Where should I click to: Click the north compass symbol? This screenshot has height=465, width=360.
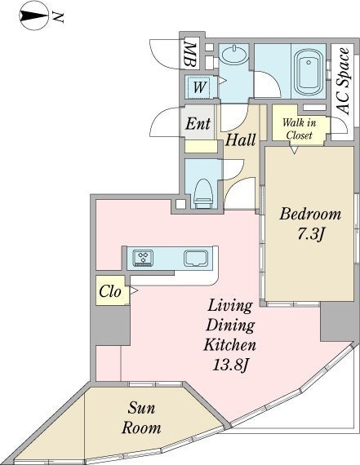(x=33, y=15)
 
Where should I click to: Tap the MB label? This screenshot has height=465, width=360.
(x=189, y=55)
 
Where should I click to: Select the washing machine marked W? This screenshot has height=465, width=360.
(x=199, y=87)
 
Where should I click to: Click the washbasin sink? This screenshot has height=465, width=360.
(x=234, y=55)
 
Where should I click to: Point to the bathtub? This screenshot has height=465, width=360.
(x=309, y=71)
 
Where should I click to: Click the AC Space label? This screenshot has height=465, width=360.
(x=344, y=81)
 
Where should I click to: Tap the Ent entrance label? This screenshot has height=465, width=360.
(x=198, y=123)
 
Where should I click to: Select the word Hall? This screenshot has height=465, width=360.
(x=240, y=139)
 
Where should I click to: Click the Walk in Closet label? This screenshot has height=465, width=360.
(x=299, y=129)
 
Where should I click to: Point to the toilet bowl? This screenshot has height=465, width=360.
(x=203, y=193)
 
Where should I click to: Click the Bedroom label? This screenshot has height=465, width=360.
(x=310, y=214)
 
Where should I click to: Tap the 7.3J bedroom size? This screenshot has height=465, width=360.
(x=310, y=235)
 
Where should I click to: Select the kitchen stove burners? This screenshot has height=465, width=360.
(x=143, y=258)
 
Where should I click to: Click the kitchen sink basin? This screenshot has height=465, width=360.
(x=196, y=258)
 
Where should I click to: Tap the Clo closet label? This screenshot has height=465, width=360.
(x=110, y=291)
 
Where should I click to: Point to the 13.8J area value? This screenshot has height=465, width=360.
(x=230, y=365)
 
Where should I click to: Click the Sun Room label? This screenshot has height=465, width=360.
(x=141, y=418)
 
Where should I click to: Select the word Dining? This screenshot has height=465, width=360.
(x=230, y=325)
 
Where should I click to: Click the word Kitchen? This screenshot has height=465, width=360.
(x=229, y=345)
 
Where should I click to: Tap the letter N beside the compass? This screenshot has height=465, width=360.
(x=58, y=17)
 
